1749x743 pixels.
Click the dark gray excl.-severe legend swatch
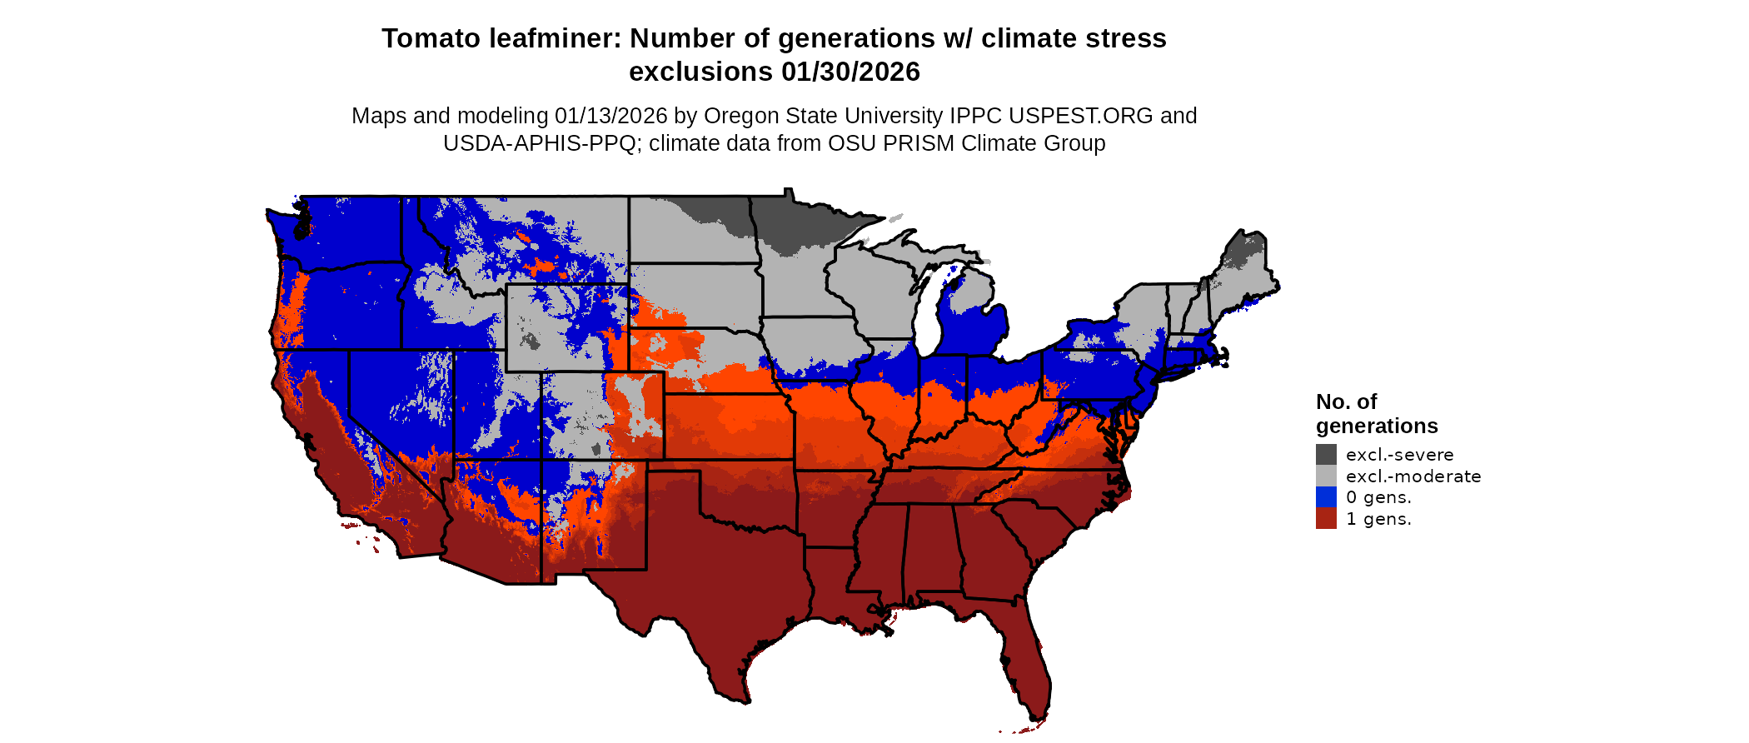(1326, 454)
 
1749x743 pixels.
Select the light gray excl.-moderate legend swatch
(1326, 476)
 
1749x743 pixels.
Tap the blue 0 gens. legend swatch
(1326, 497)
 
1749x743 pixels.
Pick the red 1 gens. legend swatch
(1326, 519)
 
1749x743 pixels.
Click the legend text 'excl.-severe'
(1399, 455)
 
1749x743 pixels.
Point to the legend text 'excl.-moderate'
(1413, 476)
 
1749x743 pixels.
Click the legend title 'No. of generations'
(1376, 414)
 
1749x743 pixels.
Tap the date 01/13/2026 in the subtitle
(611, 116)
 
